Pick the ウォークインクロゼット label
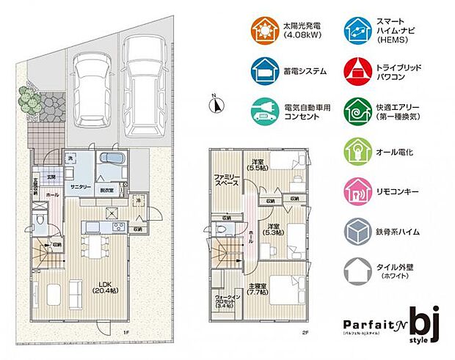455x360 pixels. tap(225, 301)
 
